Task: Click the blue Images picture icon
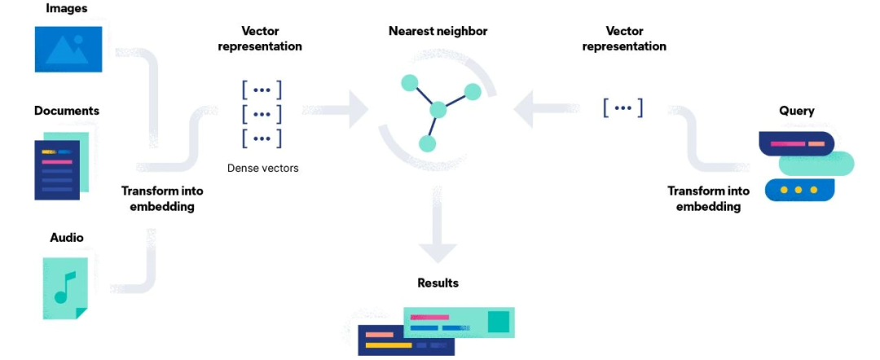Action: pos(68,48)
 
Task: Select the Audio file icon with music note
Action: pos(64,288)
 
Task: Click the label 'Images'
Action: pos(68,9)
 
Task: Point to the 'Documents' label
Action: pos(67,110)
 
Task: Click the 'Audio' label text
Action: pos(67,238)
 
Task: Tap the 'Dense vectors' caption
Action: pos(262,169)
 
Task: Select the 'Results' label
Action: pos(438,283)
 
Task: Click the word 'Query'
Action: pos(796,111)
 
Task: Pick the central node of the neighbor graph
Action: pos(438,109)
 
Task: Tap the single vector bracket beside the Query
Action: pos(623,108)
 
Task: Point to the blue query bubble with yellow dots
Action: pos(798,190)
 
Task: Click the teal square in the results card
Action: pos(498,323)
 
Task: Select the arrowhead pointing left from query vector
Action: pos(524,109)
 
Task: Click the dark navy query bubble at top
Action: pos(796,143)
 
